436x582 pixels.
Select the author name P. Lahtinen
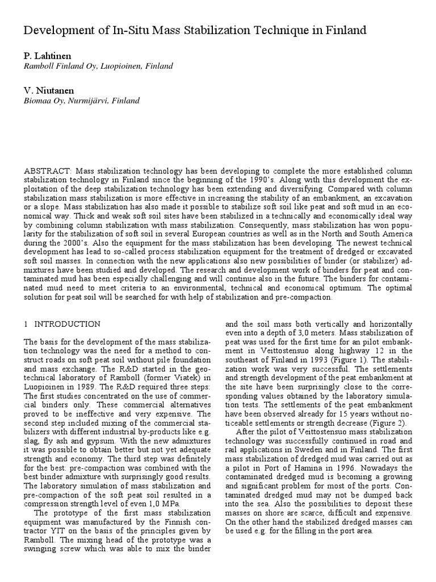[x=47, y=55]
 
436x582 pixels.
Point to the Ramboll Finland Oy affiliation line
[x=98, y=66]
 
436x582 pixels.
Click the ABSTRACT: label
[x=49, y=171]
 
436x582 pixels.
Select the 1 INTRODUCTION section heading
[x=62, y=324]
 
